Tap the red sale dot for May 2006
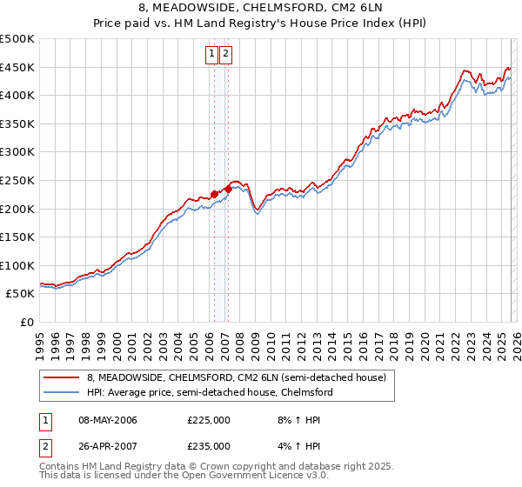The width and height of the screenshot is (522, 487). tap(214, 195)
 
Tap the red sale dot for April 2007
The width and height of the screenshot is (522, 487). tap(228, 189)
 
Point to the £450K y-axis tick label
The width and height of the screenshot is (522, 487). tap(17, 67)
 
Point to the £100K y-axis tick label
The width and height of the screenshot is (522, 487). tap(17, 265)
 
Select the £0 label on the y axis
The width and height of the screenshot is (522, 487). tap(26, 322)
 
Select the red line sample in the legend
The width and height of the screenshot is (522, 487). tap(62, 377)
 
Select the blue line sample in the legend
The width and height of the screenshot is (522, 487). tap(62, 392)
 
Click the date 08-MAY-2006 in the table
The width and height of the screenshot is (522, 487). tap(108, 420)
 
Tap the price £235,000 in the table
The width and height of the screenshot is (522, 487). tap(209, 445)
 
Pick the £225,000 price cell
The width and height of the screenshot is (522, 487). tap(209, 420)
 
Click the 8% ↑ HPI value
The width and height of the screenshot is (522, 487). tap(298, 420)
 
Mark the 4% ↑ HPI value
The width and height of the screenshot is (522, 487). tap(298, 445)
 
